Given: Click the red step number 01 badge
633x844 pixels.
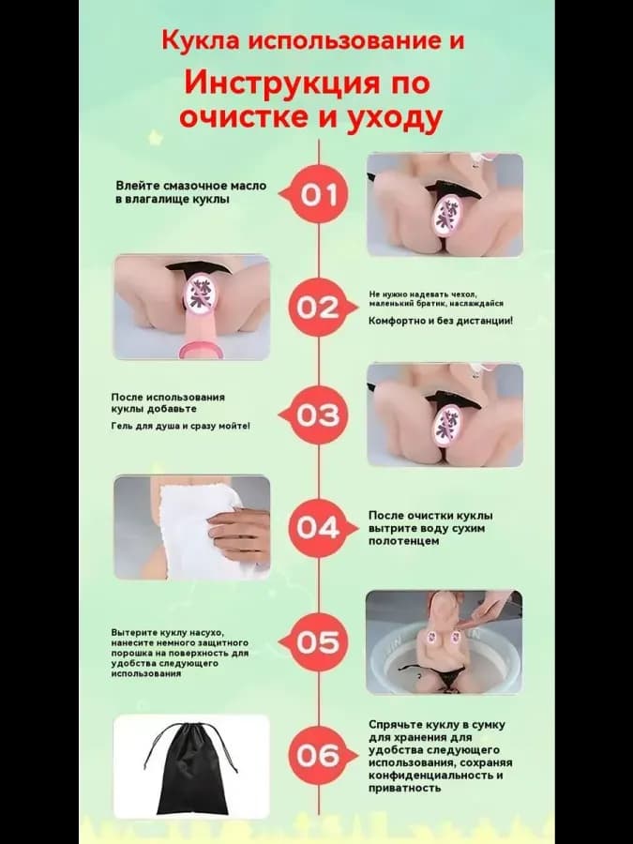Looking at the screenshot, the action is click(x=318, y=194).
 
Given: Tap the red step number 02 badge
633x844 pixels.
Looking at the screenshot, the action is click(x=318, y=308).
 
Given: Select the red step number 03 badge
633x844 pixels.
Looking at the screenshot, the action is click(x=318, y=415).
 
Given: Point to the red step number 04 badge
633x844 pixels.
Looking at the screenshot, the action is click(x=318, y=528).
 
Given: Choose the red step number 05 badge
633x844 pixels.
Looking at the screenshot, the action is click(x=318, y=642).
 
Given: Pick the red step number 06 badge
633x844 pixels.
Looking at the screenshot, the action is click(x=318, y=756).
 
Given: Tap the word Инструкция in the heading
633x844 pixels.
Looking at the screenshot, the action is click(x=279, y=83).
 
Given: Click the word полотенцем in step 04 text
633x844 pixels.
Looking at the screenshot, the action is click(x=403, y=541).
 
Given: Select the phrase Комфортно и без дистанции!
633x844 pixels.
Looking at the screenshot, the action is click(x=441, y=321).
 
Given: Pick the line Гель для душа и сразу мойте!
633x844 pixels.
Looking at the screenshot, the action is click(x=181, y=426).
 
